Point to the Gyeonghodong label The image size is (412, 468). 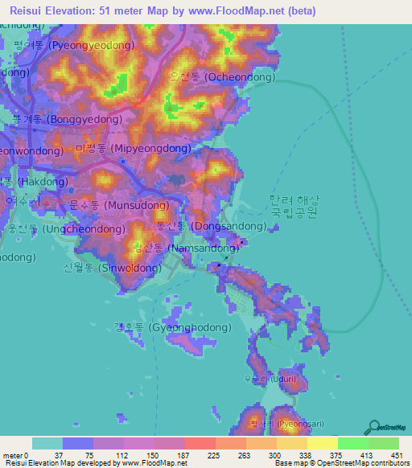(x=172, y=327)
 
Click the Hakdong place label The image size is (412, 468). (x=32, y=183)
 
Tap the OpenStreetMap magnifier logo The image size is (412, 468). (x=374, y=427)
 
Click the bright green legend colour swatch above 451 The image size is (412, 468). (x=384, y=443)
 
